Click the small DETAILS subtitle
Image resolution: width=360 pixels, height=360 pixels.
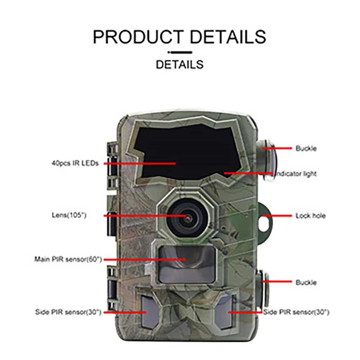pos(179,65)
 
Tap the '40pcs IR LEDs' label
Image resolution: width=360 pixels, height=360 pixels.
pos(74,163)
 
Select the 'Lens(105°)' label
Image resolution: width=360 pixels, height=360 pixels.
pos(69,215)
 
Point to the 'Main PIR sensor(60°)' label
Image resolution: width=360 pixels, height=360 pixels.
pos(68,259)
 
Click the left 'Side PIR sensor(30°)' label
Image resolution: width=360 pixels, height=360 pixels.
pos(68,312)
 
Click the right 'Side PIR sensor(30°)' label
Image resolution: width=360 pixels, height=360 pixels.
pos(296,312)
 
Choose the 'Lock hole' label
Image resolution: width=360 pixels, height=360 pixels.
pos(310,216)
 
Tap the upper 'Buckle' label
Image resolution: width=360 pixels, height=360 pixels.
pos(306,148)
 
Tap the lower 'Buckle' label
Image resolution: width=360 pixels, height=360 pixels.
pos(306,283)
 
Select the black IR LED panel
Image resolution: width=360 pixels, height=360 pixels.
pos(187,153)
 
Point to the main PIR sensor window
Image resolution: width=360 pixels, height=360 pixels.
pos(187,264)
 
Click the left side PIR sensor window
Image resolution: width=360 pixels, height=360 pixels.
pos(148,311)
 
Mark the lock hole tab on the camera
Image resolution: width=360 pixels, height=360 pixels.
pos(265,217)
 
